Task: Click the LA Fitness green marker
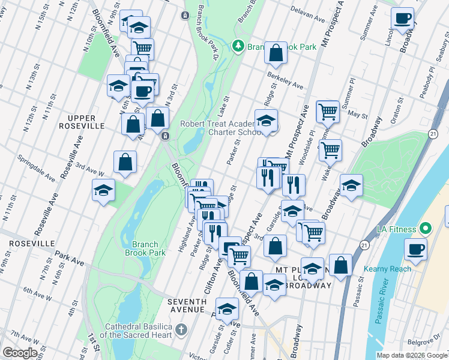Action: tap(426, 229)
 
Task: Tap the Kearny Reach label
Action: tap(391, 269)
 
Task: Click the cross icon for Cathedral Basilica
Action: tap(181, 330)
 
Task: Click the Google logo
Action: tap(20, 353)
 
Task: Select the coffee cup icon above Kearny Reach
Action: tap(415, 248)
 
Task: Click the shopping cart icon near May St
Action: tap(328, 110)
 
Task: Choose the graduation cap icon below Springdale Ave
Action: tap(103, 191)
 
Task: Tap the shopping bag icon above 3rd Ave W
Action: tap(125, 162)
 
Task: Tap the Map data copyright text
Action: tap(412, 355)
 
